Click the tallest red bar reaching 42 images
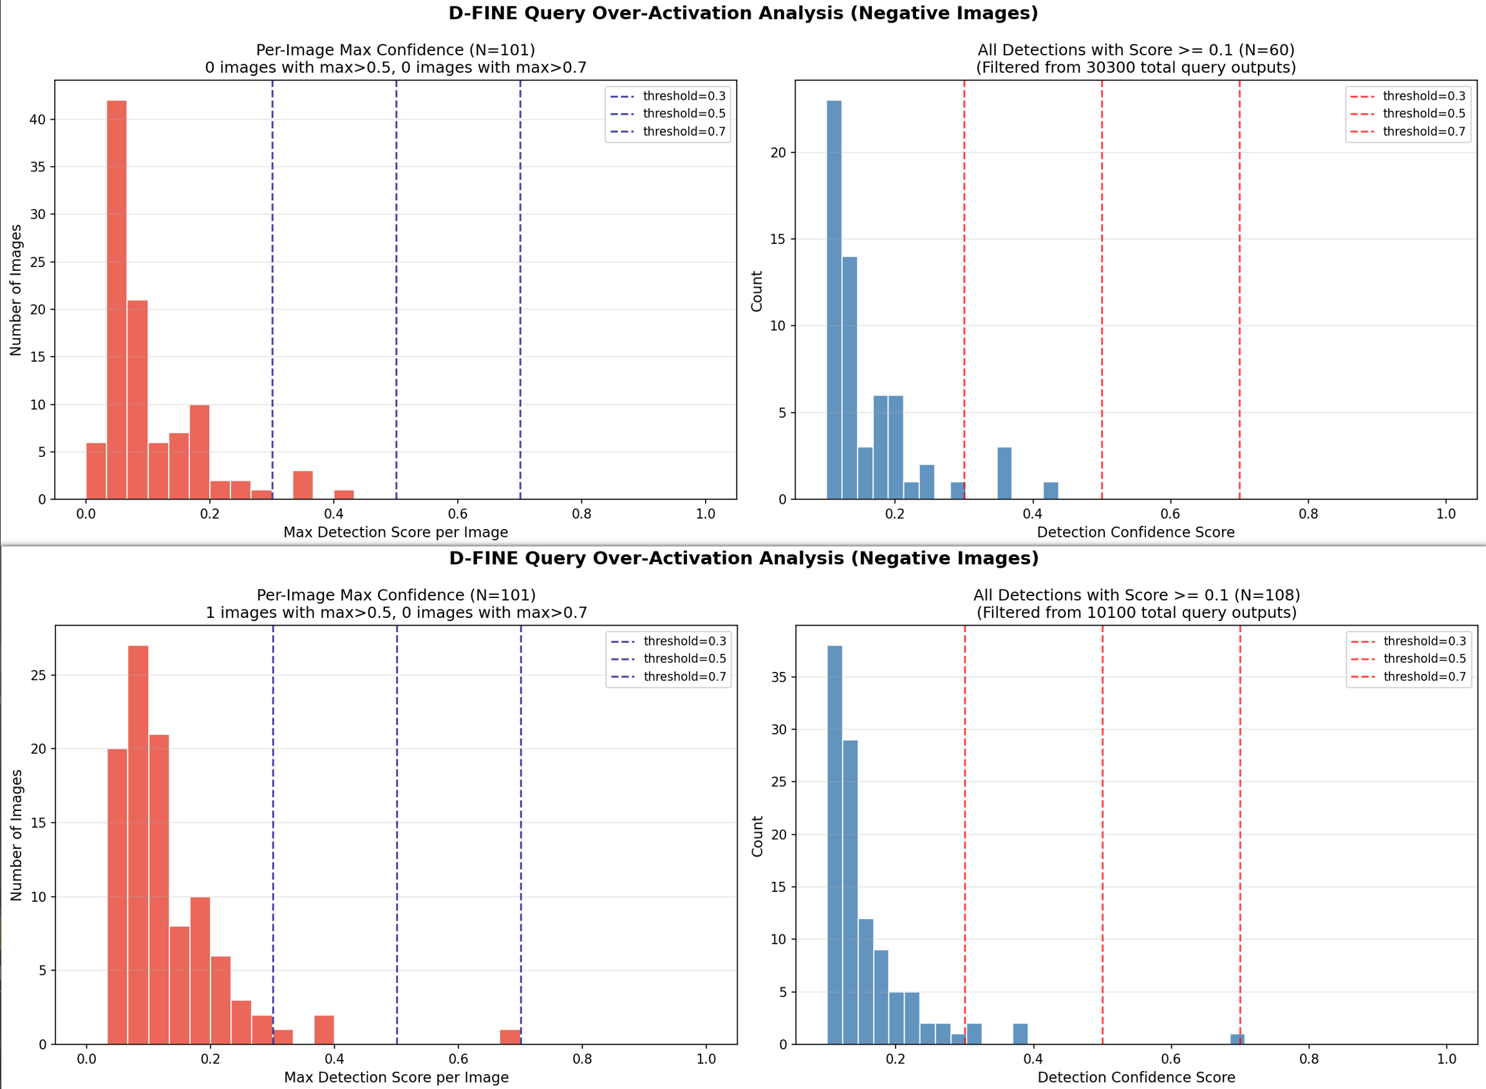coord(117,300)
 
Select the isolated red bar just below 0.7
coord(510,1036)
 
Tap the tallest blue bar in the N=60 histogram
coord(834,300)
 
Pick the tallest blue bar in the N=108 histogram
coord(834,844)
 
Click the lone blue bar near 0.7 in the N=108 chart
coord(1237,1039)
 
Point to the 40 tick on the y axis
coord(37,119)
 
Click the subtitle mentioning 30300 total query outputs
coord(1135,67)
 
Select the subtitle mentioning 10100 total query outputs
coord(1136,612)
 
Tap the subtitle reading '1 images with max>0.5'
coord(396,612)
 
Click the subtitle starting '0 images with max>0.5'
coord(395,67)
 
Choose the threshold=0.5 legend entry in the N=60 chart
coord(1424,113)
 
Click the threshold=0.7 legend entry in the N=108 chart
coord(1424,676)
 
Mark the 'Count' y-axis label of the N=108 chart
coord(757,836)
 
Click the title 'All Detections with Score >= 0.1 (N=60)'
coord(1135,50)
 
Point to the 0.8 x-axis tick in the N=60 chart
coord(1308,514)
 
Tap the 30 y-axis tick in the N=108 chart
coord(778,729)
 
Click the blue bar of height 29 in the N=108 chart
coord(851,892)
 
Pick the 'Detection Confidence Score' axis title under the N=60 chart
coord(1135,532)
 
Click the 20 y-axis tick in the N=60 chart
coord(778,153)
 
